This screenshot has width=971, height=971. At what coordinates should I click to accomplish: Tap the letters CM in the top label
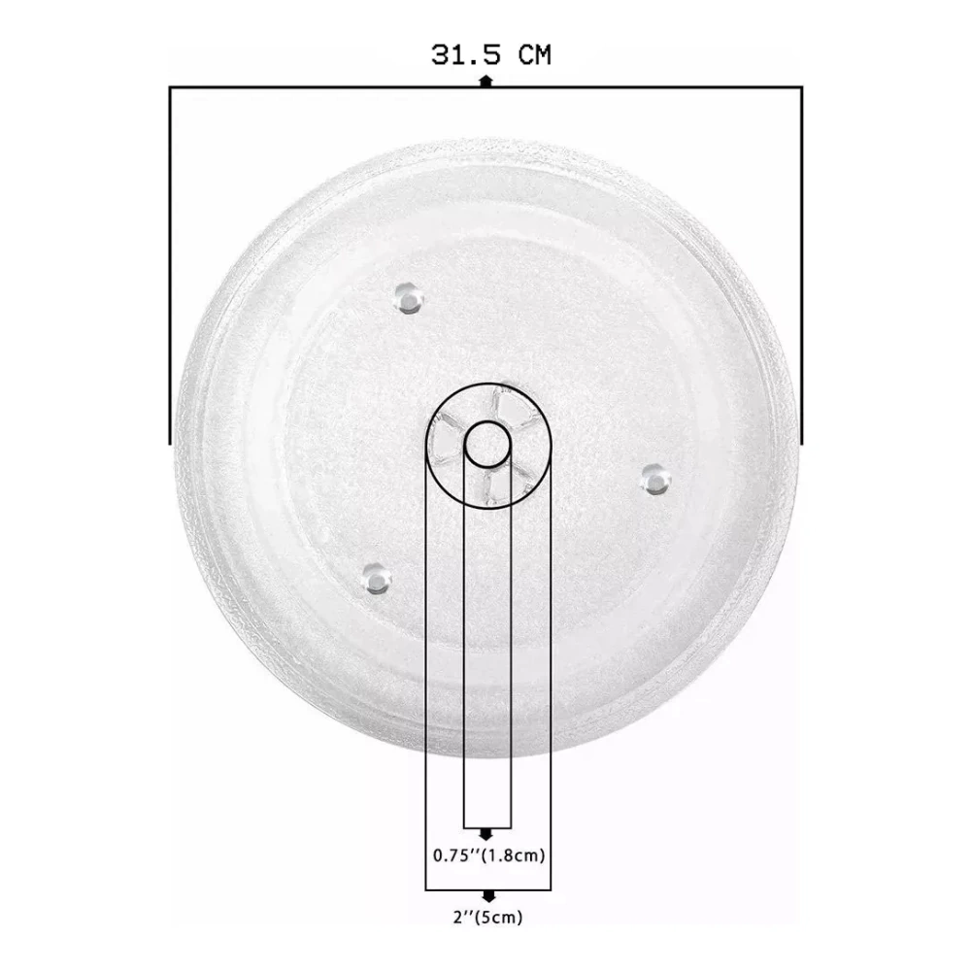point(534,55)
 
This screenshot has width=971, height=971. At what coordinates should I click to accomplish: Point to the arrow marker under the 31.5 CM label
point(486,81)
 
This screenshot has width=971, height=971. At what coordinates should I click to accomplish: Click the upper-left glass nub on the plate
point(408,298)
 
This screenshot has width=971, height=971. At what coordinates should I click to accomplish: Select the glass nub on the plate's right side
point(655,480)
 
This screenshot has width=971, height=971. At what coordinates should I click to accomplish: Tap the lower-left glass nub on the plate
point(376,579)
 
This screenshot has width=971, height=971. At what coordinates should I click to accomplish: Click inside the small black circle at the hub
point(487,444)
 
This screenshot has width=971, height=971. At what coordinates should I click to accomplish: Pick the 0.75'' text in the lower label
point(457,855)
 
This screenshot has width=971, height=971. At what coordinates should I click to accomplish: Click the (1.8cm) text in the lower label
point(514,855)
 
